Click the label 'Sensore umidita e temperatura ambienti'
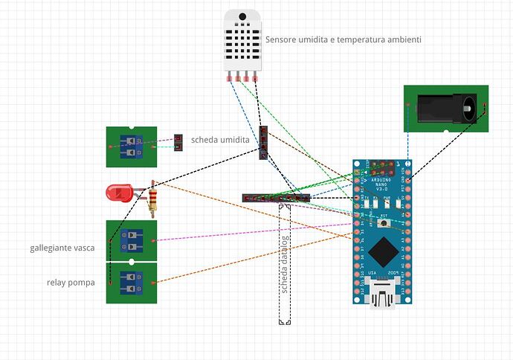[343, 39]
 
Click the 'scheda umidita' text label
[220, 139]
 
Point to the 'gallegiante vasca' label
[62, 248]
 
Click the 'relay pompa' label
[71, 282]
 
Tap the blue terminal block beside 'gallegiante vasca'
[132, 241]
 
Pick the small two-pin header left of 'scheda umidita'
[178, 141]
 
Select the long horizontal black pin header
[275, 198]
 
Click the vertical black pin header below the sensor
[263, 142]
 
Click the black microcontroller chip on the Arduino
[382, 252]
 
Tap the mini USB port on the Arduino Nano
[382, 295]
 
